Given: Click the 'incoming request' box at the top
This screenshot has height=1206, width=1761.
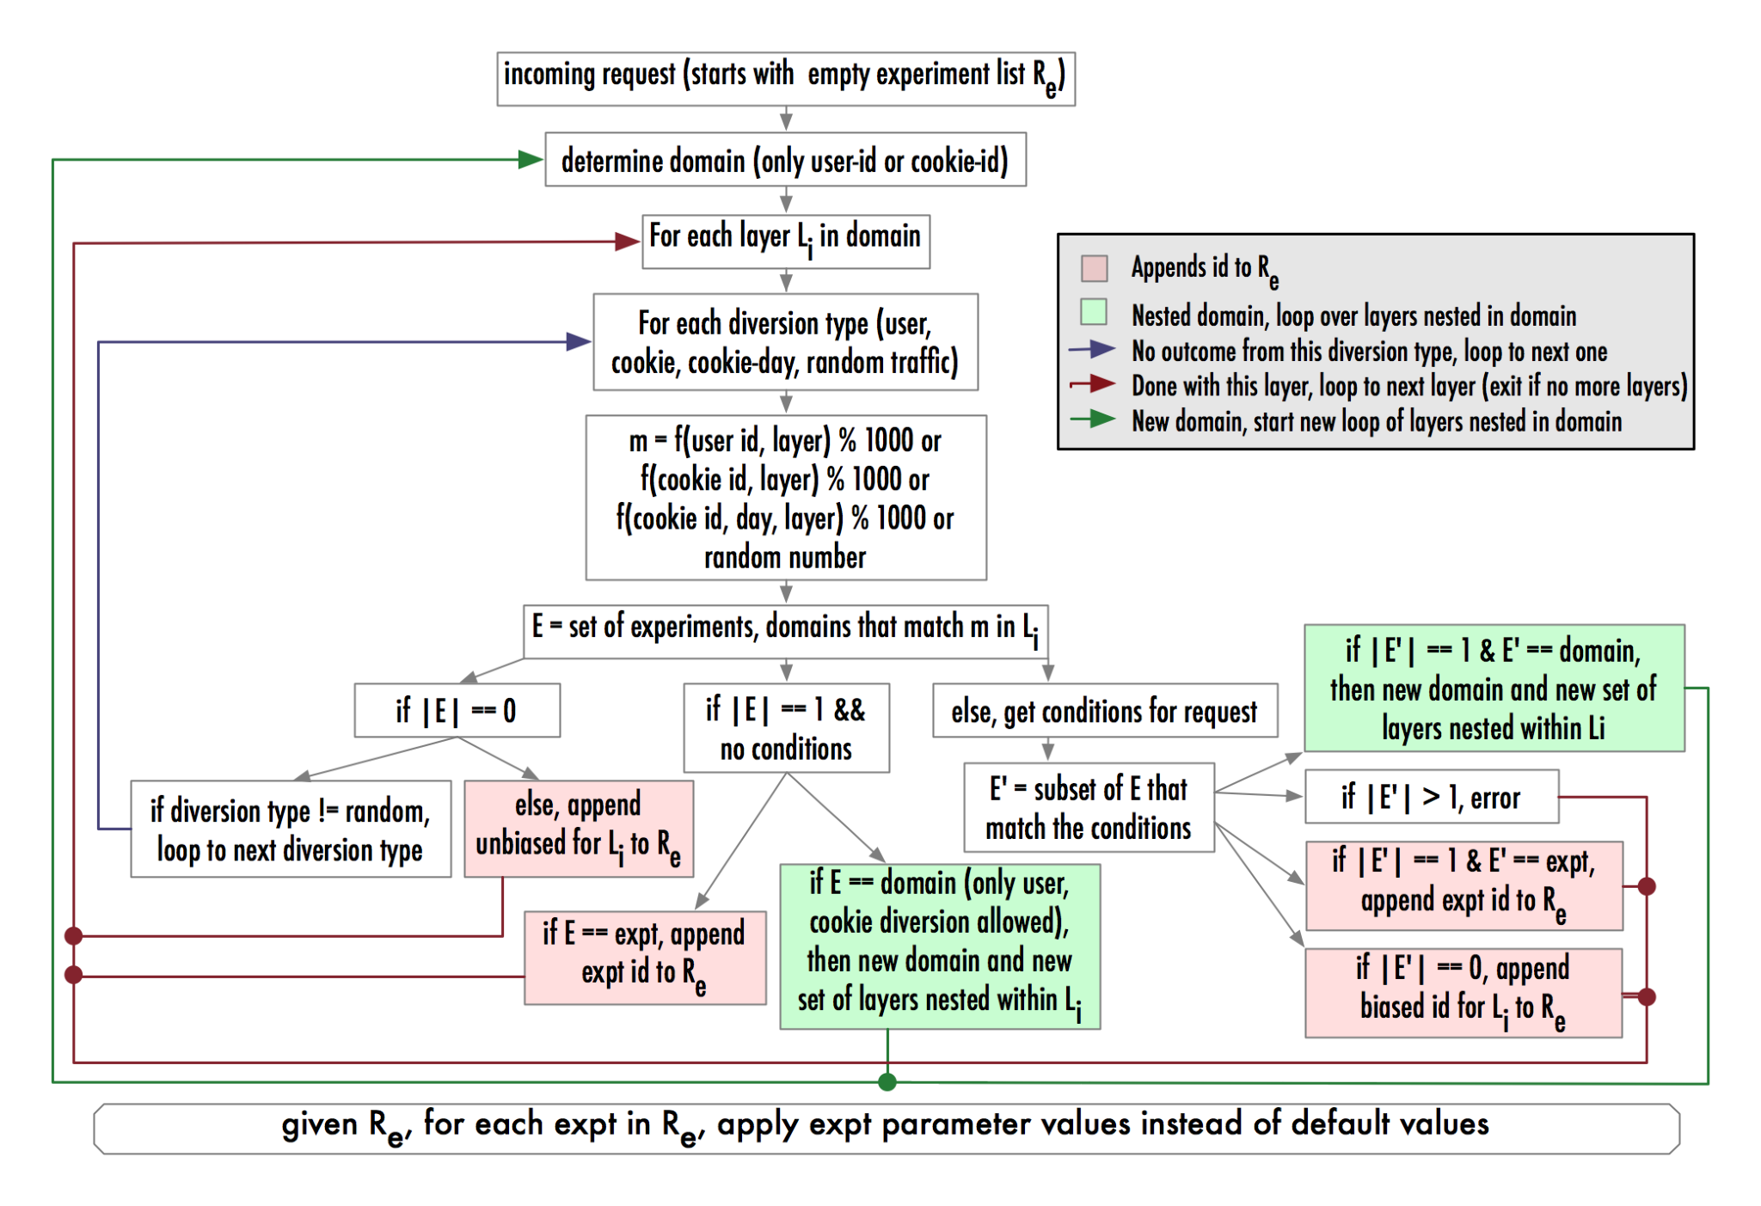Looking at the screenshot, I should [785, 78].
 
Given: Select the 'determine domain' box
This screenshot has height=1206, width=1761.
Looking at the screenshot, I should [785, 160].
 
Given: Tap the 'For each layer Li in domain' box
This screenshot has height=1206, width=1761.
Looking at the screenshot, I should [785, 242].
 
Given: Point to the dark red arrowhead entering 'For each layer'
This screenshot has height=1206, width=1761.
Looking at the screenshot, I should [627, 242].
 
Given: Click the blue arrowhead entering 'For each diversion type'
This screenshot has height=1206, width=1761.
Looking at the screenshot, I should [578, 342].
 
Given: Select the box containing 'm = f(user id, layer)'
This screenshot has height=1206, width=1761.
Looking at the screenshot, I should [785, 498].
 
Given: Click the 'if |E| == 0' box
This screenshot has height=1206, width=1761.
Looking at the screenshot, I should [457, 710].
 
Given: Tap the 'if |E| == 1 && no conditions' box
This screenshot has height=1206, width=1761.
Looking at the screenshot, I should [785, 728].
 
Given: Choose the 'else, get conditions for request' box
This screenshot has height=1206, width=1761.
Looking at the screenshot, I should [1104, 711].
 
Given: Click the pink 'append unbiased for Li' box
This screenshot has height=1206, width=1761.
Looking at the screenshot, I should [578, 829].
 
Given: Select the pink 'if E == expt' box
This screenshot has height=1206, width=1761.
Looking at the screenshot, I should [644, 958].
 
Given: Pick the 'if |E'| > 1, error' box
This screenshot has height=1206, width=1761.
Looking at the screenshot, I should [1431, 797].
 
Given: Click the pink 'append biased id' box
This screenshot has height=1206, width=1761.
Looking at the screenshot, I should [1463, 993].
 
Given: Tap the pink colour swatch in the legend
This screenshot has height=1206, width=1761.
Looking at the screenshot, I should [1094, 268].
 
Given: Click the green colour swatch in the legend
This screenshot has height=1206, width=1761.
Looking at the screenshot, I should [1094, 312].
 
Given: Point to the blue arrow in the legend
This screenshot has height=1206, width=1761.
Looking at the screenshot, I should [1092, 350].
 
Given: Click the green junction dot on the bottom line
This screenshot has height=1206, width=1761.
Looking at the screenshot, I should [887, 1082].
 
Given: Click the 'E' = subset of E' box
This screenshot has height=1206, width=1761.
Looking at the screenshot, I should [1088, 808].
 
